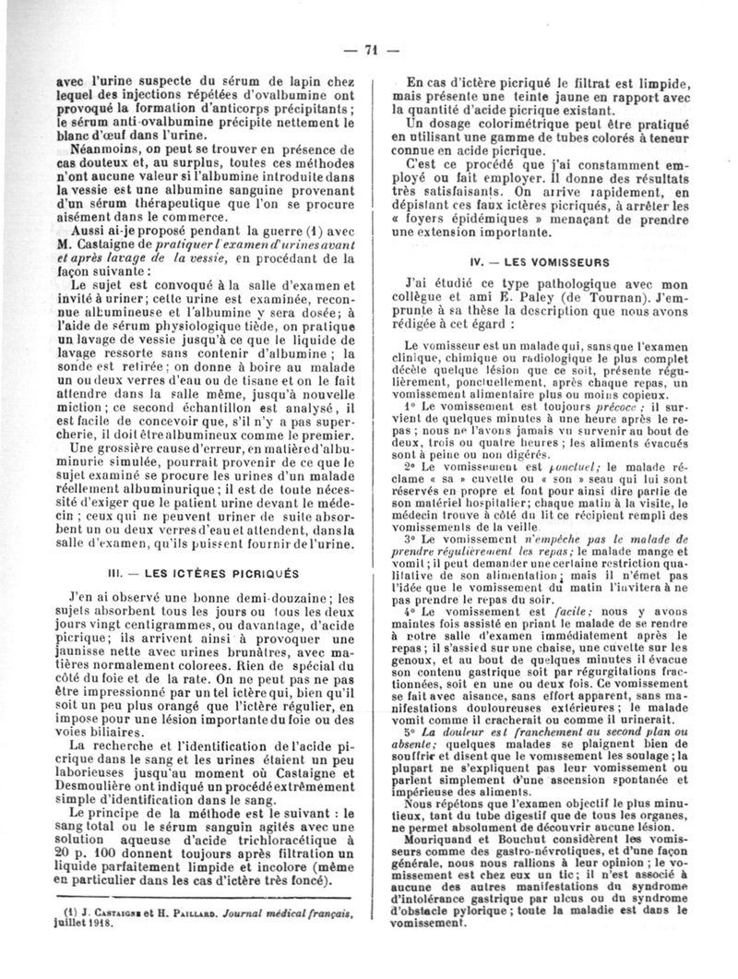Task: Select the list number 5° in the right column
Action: [x=411, y=732]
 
